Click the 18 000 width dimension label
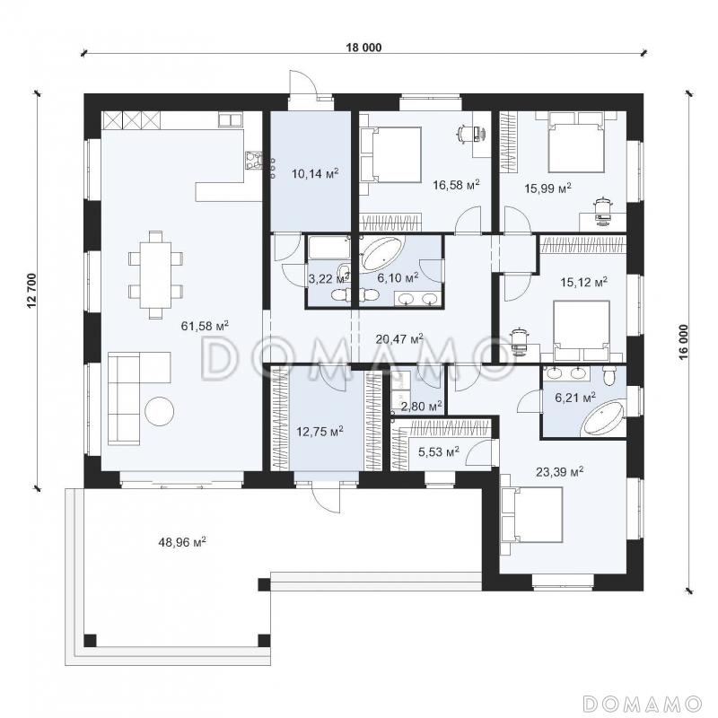click(x=363, y=48)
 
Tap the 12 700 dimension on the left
click(x=31, y=291)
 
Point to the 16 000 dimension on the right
click(x=684, y=342)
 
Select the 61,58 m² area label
click(x=206, y=326)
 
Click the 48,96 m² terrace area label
click(x=182, y=542)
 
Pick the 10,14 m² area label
click(x=315, y=173)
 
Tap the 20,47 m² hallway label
click(x=399, y=339)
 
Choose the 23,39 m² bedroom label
click(x=559, y=471)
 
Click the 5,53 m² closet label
click(x=439, y=452)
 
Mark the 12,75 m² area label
click(x=320, y=431)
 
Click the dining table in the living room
click(x=155, y=275)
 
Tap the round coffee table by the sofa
click(x=160, y=411)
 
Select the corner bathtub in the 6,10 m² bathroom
click(x=381, y=254)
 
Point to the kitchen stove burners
click(x=254, y=161)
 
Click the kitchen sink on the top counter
click(x=230, y=119)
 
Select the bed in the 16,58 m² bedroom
click(x=391, y=154)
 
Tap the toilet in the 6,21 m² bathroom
click(x=609, y=375)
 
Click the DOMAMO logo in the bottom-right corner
click(x=643, y=703)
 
